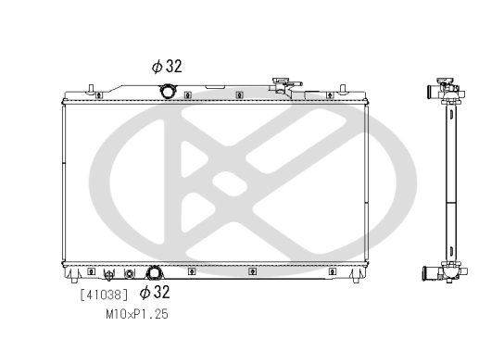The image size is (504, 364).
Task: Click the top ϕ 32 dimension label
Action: [167, 66]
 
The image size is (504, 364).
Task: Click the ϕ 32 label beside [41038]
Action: [155, 292]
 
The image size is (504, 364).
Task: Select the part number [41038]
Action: [104, 295]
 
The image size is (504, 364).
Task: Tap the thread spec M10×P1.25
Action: [137, 314]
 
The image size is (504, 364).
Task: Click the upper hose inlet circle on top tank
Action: [168, 91]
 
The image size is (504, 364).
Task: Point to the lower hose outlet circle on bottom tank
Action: [155, 273]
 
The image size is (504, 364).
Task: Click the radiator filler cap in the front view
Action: [281, 81]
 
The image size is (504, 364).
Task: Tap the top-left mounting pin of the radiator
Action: [91, 88]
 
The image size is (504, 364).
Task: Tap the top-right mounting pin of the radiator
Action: [343, 88]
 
